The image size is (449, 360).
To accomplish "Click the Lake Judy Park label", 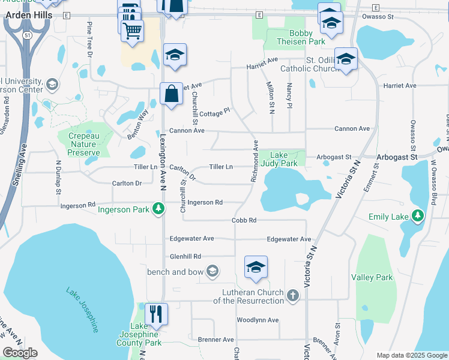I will (x=280, y=159).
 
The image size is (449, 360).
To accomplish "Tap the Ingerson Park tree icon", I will (x=158, y=209).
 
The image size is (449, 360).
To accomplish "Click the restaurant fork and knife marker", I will (x=156, y=314).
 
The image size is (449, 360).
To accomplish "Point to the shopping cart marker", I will (x=132, y=29).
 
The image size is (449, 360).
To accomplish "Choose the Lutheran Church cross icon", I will (x=292, y=295).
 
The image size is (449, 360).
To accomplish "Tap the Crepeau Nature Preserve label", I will (x=83, y=144).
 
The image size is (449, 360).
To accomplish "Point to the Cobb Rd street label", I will (x=244, y=220).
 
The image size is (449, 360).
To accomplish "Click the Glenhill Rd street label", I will (x=185, y=256).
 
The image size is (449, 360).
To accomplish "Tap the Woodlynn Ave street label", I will (x=258, y=320).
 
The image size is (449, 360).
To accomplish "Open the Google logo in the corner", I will (x=20, y=353).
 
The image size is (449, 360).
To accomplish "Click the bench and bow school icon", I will (x=211, y=272).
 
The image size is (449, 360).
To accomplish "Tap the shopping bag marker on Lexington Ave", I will (x=172, y=94).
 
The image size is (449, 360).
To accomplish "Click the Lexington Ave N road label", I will (x=162, y=162).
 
